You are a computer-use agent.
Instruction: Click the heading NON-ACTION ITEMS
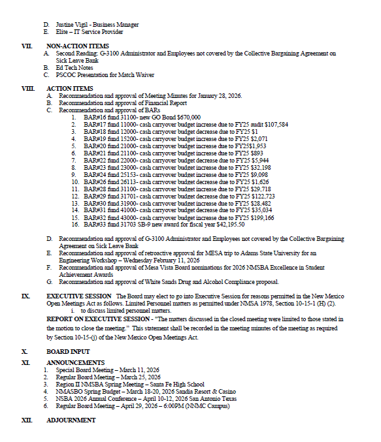77,46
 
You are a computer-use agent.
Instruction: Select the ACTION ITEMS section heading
70,88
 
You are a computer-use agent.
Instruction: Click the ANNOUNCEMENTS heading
75,362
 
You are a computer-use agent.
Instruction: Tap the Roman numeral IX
25,296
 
